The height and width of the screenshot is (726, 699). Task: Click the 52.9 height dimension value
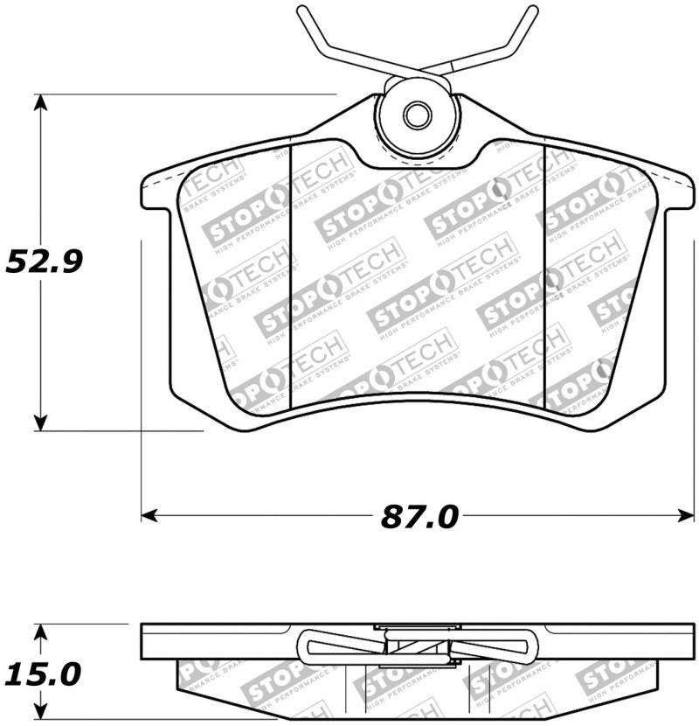pos(44,261)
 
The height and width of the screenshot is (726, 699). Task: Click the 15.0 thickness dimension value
pos(44,674)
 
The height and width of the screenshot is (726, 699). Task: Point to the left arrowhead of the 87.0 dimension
pos(149,516)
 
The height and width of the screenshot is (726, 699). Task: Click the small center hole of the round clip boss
pos(417,115)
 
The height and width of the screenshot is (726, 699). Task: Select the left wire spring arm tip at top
pos(301,11)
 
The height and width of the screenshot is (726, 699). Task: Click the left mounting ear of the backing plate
pos(156,192)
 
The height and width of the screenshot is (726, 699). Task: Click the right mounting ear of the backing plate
pos(680,192)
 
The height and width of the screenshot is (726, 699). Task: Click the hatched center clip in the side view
pos(417,647)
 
